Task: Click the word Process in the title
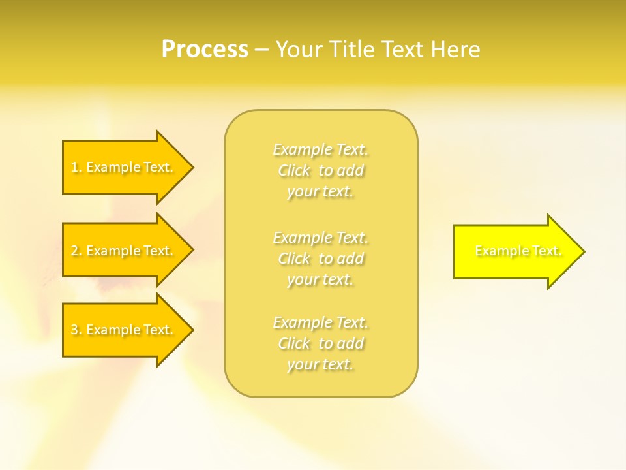205,50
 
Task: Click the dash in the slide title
261,50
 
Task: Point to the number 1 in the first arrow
74,168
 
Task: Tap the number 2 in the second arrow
74,251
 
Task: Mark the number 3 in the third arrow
74,330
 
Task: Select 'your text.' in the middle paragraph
320,279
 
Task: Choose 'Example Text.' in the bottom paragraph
320,322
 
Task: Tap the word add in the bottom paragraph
350,343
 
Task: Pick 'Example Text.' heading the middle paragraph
320,237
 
